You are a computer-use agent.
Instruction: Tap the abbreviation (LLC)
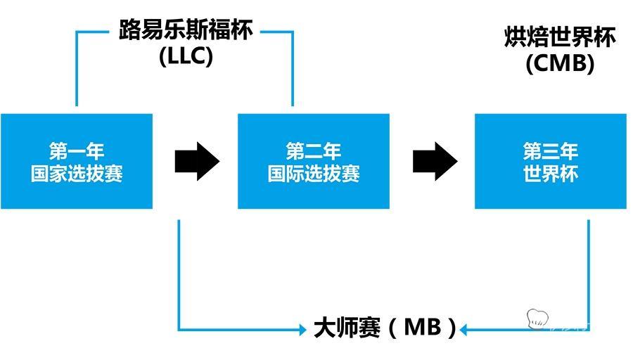(186, 58)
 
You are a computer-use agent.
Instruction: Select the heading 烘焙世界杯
(560, 37)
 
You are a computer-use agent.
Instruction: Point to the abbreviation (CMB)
(560, 64)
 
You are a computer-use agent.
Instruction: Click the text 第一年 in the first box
(77, 151)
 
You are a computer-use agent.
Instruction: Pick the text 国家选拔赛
(77, 173)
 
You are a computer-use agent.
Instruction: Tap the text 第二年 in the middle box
(314, 151)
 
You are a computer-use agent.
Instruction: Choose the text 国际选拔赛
(314, 173)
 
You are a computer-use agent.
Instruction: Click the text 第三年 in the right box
(551, 151)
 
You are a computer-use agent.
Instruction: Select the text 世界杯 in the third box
(551, 173)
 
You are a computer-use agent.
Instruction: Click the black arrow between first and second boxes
(196, 161)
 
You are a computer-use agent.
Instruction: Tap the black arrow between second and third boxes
(434, 161)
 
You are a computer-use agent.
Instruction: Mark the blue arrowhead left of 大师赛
(303, 328)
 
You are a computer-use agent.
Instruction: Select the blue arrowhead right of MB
(466, 328)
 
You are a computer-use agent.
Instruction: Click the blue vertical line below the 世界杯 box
(589, 267)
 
